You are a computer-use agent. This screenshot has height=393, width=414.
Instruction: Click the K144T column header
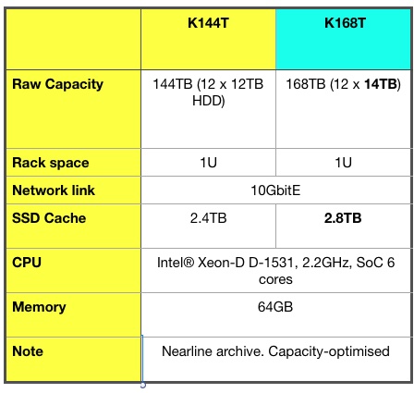pyautogui.click(x=208, y=23)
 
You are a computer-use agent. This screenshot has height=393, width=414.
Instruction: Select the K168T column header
pyautogui.click(x=345, y=23)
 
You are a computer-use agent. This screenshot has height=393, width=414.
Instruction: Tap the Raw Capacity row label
pyautogui.click(x=57, y=84)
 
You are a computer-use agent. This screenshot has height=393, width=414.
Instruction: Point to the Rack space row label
pyautogui.click(x=51, y=163)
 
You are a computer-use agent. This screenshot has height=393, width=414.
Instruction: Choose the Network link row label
pyautogui.click(x=54, y=190)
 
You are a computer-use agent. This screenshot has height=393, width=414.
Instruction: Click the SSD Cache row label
pyautogui.click(x=49, y=218)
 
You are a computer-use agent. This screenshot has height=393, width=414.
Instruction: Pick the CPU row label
pyautogui.click(x=27, y=263)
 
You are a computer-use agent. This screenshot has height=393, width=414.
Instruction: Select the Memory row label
pyautogui.click(x=39, y=307)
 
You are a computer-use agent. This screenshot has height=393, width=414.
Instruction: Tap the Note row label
pyautogui.click(x=28, y=351)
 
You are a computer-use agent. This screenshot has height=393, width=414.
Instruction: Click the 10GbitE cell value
pyautogui.click(x=275, y=190)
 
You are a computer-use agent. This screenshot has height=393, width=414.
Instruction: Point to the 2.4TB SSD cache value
pyautogui.click(x=208, y=218)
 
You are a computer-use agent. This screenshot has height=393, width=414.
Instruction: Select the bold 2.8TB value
pyautogui.click(x=343, y=218)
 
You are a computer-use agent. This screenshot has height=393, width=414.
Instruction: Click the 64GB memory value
pyautogui.click(x=275, y=307)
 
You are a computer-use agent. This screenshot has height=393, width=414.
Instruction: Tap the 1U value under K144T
pyautogui.click(x=208, y=163)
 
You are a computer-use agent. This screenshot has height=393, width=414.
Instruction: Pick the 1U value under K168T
pyautogui.click(x=343, y=163)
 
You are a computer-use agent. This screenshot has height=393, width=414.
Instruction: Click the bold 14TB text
pyautogui.click(x=381, y=84)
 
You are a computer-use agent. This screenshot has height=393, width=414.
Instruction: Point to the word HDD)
pyautogui.click(x=209, y=101)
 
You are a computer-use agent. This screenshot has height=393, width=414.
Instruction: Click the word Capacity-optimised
pyautogui.click(x=329, y=351)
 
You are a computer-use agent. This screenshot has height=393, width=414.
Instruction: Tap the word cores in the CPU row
pyautogui.click(x=275, y=280)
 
